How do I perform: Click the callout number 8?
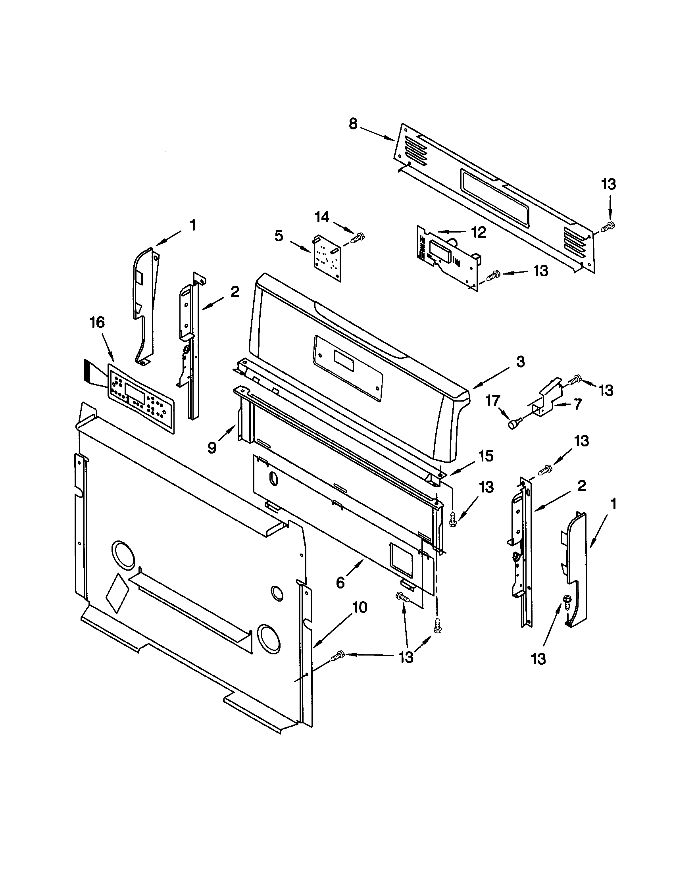tap(353, 124)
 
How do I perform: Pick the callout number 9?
tap(212, 448)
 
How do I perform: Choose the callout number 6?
tap(340, 583)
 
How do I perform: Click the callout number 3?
tap(520, 362)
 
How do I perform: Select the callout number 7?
tap(577, 404)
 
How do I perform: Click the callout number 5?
tap(279, 236)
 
